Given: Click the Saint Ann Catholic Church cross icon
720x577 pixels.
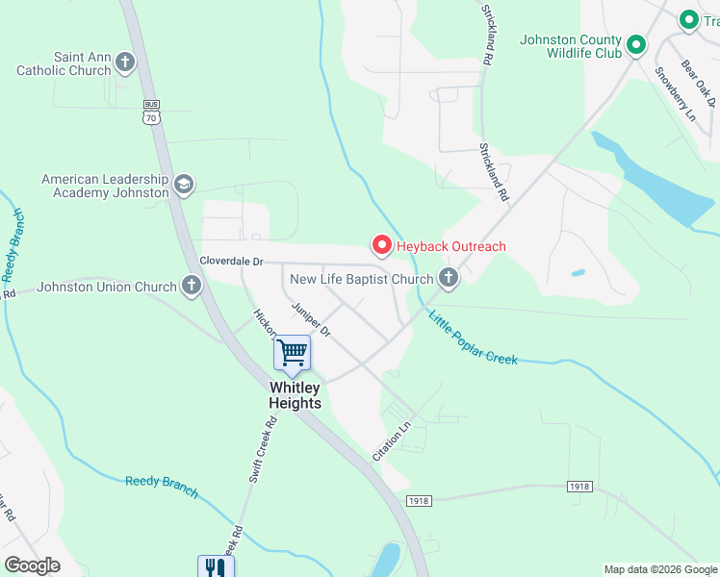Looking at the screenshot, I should (125, 63).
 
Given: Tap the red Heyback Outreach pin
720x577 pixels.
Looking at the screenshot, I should (381, 246).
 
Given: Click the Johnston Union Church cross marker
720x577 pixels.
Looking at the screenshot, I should (192, 285).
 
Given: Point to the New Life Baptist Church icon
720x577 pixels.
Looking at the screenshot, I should (448, 279).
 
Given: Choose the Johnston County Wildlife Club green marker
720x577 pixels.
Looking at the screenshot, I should (635, 44).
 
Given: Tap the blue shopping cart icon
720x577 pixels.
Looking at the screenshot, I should (292, 353).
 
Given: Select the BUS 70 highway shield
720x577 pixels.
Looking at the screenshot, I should (150, 112).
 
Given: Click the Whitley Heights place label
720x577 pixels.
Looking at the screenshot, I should (294, 395).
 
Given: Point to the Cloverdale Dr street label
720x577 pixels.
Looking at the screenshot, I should (231, 261).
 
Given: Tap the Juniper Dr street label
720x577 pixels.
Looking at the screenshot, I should (311, 319).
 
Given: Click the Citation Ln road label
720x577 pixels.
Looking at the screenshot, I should (392, 439).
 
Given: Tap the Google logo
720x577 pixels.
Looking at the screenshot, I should (32, 564).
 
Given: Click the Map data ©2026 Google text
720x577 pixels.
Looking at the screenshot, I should (659, 569).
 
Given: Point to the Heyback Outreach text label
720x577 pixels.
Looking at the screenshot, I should (450, 246).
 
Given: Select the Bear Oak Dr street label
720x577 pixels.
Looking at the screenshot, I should (700, 83).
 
